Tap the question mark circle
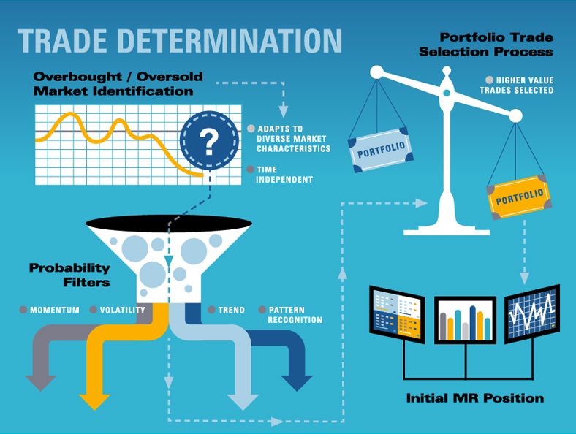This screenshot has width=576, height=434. [x=209, y=138]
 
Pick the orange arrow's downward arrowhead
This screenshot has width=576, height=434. [x=94, y=400]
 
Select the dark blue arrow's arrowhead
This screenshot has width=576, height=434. [x=297, y=382]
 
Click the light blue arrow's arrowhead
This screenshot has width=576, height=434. [x=243, y=400]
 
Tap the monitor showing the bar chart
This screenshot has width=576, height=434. [x=466, y=321]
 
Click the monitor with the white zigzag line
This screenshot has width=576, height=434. [x=531, y=314]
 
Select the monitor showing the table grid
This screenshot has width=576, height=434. [x=397, y=314]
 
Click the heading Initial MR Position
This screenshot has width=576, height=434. [x=474, y=398]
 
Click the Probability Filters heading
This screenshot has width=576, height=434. [x=69, y=275]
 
